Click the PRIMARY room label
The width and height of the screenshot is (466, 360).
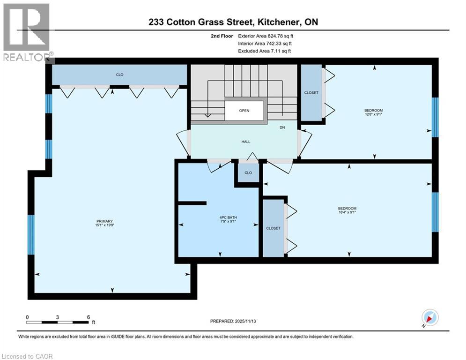coord(105,221)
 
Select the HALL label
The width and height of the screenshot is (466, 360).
coord(246,142)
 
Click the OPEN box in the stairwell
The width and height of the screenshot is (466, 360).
coord(244,111)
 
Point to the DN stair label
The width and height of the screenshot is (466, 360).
coord(282,127)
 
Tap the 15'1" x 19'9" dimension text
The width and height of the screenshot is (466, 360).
coord(105,226)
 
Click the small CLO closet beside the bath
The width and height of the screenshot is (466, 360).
coord(248,173)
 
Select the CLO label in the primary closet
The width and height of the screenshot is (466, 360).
coord(120,75)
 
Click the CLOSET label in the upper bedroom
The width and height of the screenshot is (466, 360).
coord(311,93)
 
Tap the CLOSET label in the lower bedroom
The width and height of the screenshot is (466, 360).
coord(273,228)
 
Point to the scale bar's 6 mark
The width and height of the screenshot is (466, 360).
coord(88,317)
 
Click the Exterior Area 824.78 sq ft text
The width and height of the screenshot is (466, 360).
coord(266,36)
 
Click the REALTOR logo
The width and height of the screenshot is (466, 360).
coord(26,33)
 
